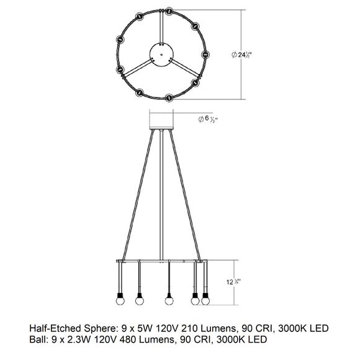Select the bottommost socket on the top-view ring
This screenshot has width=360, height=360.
click(x=169, y=97)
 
